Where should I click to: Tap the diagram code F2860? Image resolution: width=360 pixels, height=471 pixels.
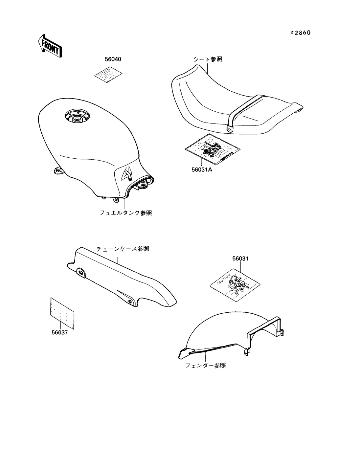pyautogui.click(x=301, y=33)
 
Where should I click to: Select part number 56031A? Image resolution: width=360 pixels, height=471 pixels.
pyautogui.click(x=202, y=170)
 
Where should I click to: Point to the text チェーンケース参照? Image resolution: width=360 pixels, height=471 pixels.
pyautogui.click(x=123, y=249)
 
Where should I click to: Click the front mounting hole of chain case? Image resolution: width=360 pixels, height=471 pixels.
pyautogui.click(x=80, y=271)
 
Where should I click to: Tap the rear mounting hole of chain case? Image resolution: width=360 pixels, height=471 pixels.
pyautogui.click(x=130, y=301)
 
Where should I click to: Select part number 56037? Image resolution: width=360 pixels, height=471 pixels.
pyautogui.click(x=59, y=332)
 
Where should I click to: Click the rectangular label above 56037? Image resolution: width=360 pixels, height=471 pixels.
pyautogui.click(x=62, y=313)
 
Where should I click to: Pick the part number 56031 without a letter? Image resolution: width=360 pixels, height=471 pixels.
pyautogui.click(x=240, y=258)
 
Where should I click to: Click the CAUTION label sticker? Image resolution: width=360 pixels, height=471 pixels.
pyautogui.click(x=235, y=283)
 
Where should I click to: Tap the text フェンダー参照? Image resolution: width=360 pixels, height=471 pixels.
pyautogui.click(x=206, y=365)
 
